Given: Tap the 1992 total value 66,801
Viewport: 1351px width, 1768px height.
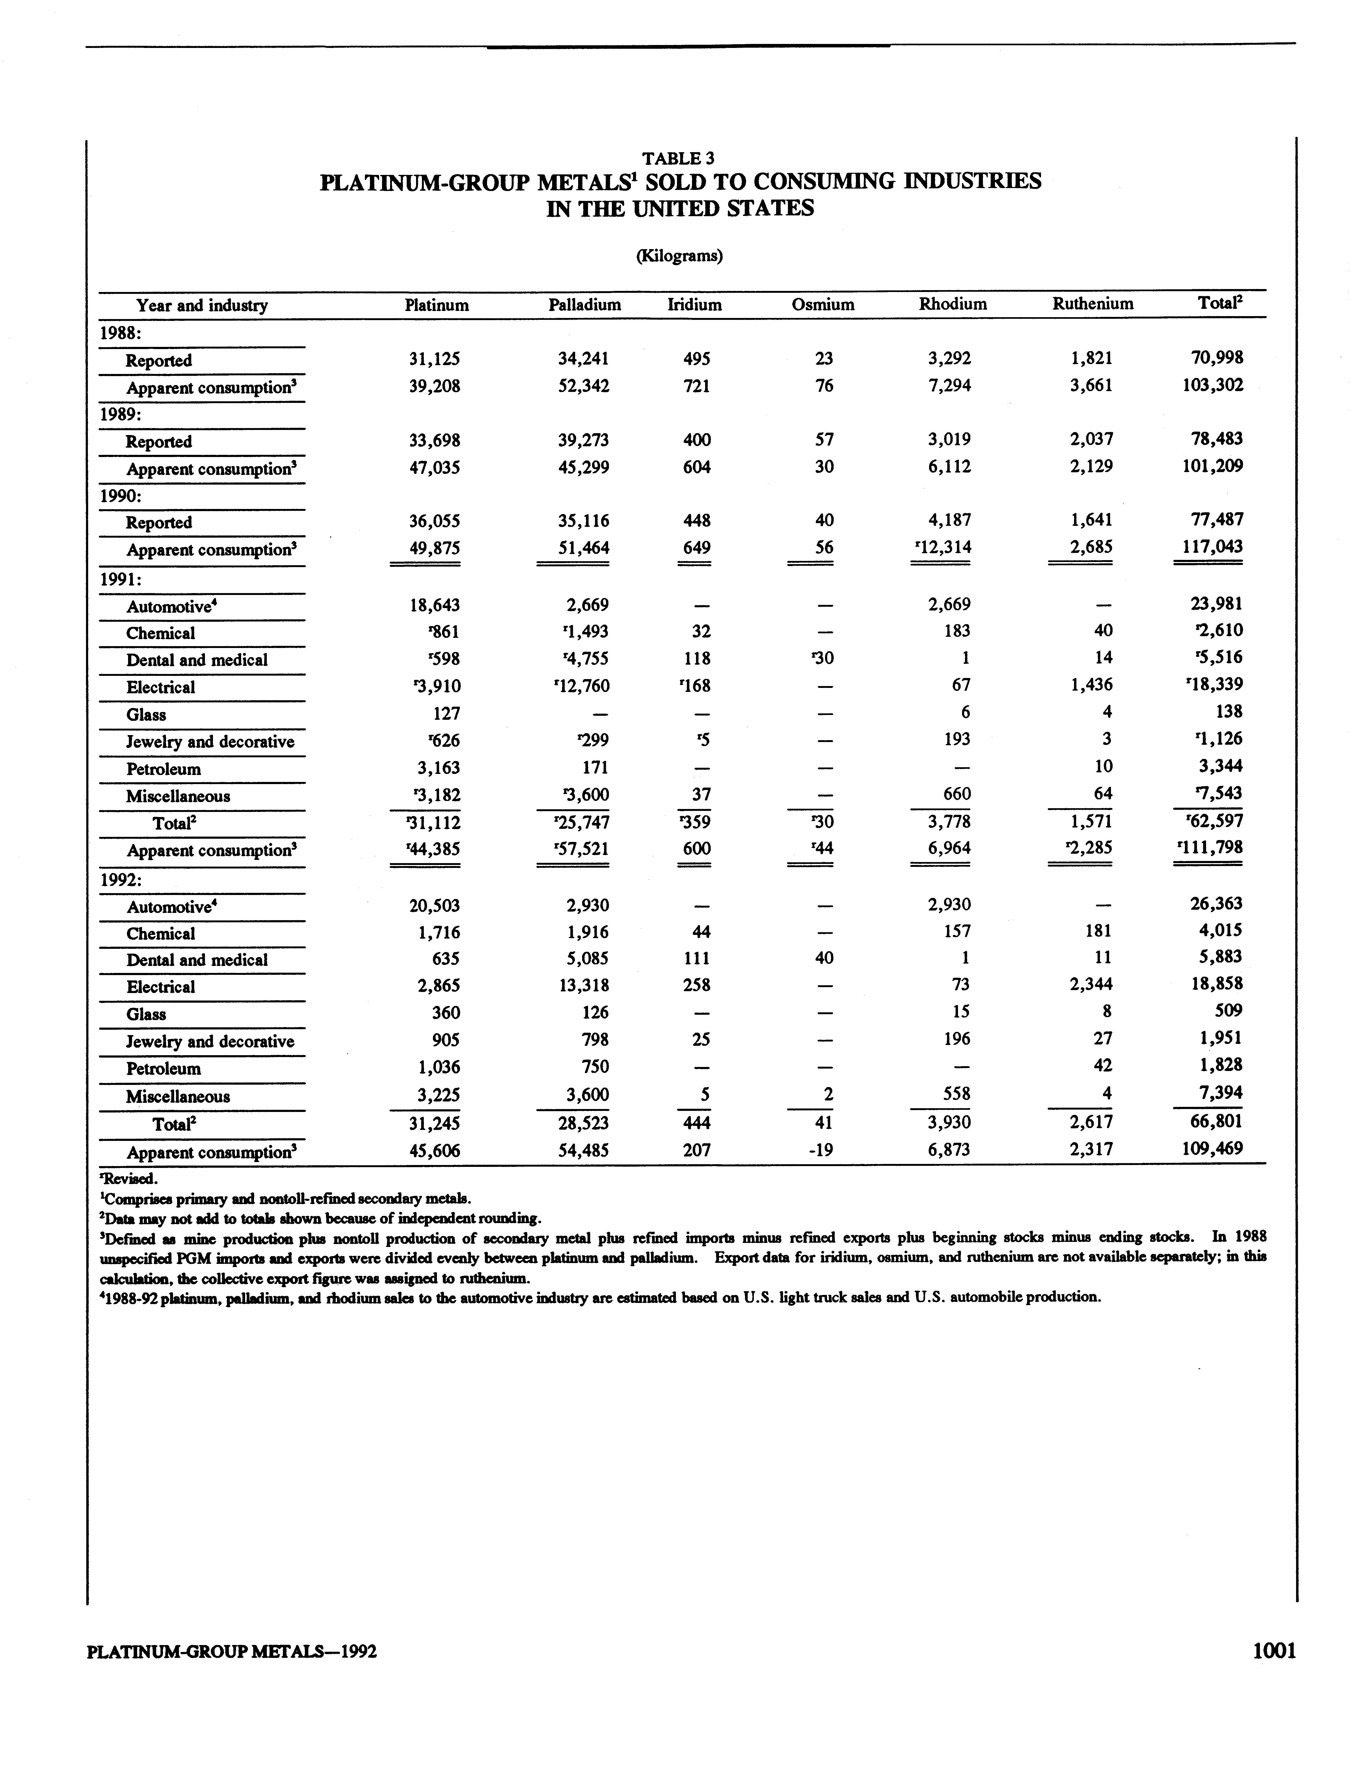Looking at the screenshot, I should [1216, 1122].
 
